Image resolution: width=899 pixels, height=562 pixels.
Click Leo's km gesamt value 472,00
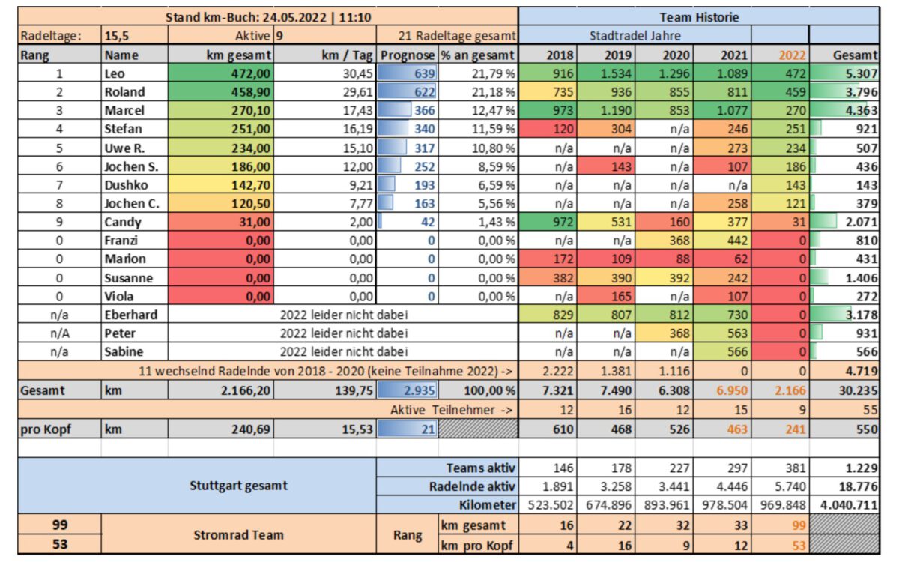coord(250,73)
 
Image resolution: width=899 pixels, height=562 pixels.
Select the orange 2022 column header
coord(792,55)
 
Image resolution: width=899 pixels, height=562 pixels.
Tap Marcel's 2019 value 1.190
coord(616,110)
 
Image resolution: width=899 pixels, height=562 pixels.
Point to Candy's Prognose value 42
coord(428,222)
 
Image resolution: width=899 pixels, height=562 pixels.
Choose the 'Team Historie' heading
coord(699,17)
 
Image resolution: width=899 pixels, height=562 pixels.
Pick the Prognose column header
coord(408,55)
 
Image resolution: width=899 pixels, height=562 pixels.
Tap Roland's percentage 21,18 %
coord(493,92)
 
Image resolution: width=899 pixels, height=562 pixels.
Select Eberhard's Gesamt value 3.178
coord(862,315)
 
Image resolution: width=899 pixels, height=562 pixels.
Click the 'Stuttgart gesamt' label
coord(238,486)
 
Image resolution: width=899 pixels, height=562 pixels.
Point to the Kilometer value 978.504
coord(724,504)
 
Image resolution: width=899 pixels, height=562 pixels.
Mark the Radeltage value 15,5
coord(117,36)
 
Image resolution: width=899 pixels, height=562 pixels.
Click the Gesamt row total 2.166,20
coord(246,390)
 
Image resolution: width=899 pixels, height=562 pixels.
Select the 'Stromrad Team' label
coord(238,535)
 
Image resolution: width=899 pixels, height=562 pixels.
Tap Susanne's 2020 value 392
coord(679,278)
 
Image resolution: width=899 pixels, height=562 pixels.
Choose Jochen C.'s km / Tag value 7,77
coord(361,204)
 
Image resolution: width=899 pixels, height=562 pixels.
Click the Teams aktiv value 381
coord(796,468)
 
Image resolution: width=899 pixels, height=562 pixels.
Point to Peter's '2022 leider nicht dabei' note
coord(344,333)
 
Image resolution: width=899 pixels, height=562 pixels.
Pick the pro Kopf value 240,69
coord(250,429)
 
